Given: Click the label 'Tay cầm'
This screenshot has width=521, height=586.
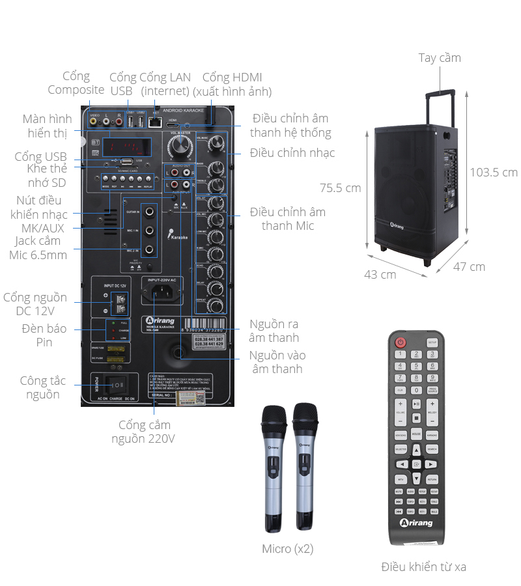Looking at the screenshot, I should tap(440, 58).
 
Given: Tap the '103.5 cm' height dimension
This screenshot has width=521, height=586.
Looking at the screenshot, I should tap(494, 172).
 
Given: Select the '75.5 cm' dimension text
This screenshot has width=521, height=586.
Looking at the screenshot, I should tap(340, 188).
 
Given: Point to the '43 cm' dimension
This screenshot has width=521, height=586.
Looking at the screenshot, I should tap(380, 274).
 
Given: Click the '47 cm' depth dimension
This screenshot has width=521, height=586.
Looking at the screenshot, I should tap(470, 266).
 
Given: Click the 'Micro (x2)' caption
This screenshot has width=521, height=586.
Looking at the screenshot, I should tap(287, 549).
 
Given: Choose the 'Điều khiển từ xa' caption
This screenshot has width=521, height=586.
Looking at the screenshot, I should tap(423, 566).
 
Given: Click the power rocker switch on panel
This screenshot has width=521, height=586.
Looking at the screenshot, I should tap(117, 384).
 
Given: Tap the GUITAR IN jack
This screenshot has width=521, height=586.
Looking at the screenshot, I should tap(150, 212).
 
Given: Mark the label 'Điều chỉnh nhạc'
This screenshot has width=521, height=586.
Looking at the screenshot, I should tap(292, 153).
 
